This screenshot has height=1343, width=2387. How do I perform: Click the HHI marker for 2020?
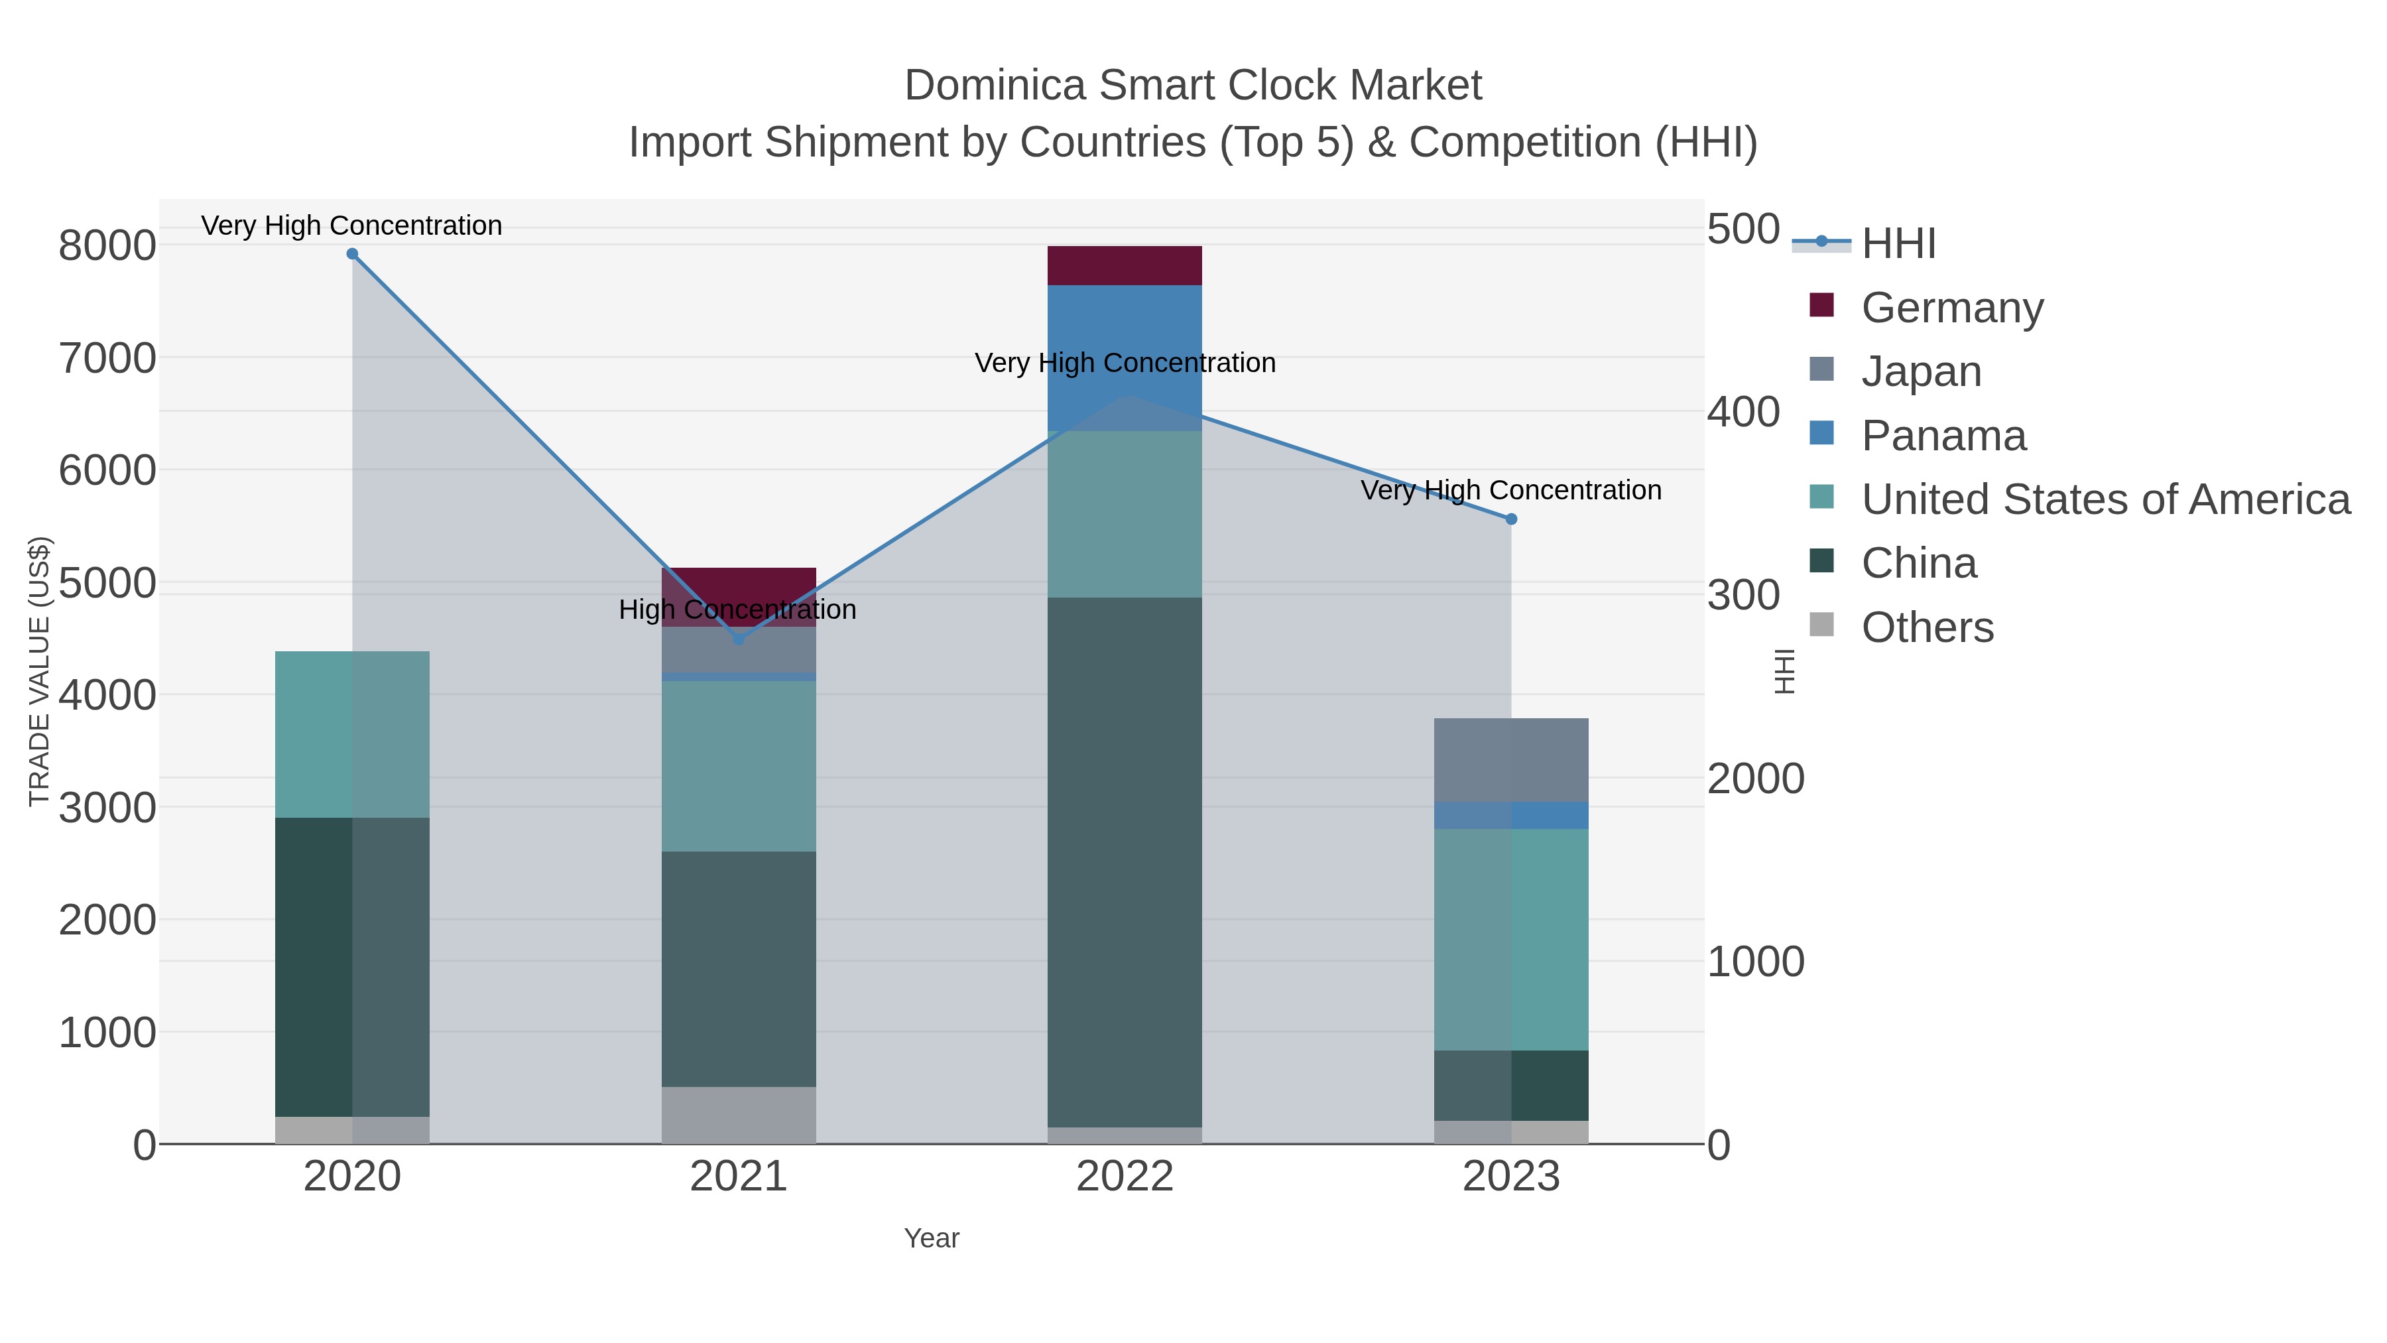click(352, 254)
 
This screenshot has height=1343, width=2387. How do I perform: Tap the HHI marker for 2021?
click(739, 639)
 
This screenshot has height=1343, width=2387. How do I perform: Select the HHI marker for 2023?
click(1511, 519)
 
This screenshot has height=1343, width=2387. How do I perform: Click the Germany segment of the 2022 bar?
click(1124, 266)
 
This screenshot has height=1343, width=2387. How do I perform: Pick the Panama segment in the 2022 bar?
click(1124, 324)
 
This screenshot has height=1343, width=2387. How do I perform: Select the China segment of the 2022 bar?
click(1124, 862)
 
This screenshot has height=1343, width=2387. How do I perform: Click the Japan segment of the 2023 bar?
click(1511, 760)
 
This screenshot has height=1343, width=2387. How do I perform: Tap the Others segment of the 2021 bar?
click(739, 1115)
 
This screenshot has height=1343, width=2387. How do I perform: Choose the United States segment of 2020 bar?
click(352, 734)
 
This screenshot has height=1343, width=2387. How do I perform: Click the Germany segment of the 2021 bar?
click(739, 584)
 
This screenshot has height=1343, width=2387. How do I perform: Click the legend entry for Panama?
click(1943, 436)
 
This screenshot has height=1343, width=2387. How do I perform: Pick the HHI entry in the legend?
click(1898, 244)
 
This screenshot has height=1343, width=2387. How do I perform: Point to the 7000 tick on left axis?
click(107, 359)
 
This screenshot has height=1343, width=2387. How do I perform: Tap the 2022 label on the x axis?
click(1124, 1177)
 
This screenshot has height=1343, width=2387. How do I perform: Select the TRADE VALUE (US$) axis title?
click(39, 671)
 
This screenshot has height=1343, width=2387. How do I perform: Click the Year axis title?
click(932, 1238)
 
